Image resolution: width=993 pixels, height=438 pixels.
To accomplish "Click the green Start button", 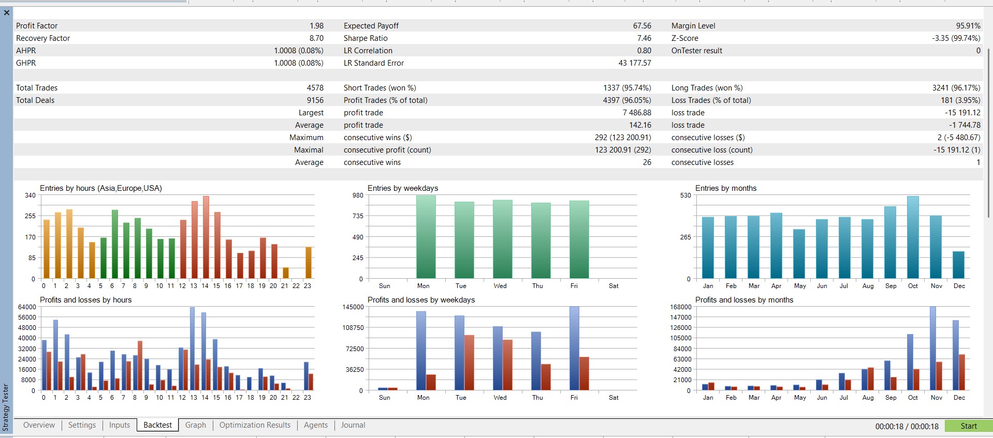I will point(968,426).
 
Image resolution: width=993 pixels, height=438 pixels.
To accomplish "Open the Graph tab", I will point(196,425).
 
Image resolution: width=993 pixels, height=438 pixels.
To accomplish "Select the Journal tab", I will point(353,425).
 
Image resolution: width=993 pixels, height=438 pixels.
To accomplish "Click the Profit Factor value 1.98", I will point(316,26).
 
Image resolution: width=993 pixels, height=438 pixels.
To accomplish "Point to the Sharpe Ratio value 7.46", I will point(644,38).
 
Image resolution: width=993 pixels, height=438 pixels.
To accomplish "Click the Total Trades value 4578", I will point(315,88).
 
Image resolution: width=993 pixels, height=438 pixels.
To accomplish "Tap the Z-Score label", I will point(685,38).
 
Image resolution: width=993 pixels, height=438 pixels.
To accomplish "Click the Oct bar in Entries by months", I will point(913,238).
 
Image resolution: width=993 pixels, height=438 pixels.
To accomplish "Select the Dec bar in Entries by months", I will point(959,265).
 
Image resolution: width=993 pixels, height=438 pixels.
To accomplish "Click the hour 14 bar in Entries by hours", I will point(206,238).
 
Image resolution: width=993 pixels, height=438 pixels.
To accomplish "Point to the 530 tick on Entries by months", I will point(685,195).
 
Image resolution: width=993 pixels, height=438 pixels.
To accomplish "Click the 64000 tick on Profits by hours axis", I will point(27,307).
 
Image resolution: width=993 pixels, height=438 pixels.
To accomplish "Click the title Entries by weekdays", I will point(403,188).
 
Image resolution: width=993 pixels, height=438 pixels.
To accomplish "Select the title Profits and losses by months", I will point(744,300).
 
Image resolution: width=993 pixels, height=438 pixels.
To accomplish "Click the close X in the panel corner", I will point(7,12).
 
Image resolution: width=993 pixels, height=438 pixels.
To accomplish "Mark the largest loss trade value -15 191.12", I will point(962,113).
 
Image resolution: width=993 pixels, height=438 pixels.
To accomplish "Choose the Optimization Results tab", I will point(255,425).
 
